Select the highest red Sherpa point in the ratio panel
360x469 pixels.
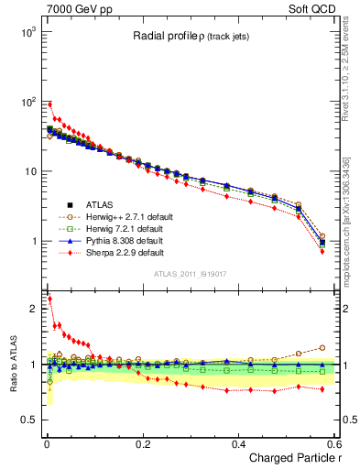pyautogui.click(x=49, y=299)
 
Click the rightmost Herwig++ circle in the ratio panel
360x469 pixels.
pyautogui.click(x=322, y=347)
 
